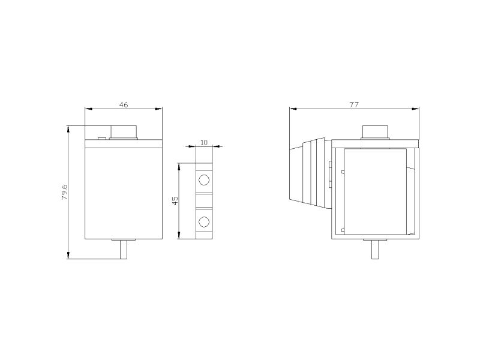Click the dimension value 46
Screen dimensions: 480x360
click(124, 104)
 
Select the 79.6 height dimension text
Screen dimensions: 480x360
click(65, 192)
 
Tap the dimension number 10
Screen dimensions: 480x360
click(204, 143)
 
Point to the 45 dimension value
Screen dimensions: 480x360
click(175, 201)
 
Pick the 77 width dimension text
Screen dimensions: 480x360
click(354, 104)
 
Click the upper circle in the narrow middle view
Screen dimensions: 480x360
click(204, 179)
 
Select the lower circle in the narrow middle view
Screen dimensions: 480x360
click(204, 221)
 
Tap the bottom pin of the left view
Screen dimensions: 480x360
click(124, 250)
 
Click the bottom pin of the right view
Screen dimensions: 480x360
click(375, 250)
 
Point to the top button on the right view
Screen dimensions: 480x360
click(376, 132)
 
